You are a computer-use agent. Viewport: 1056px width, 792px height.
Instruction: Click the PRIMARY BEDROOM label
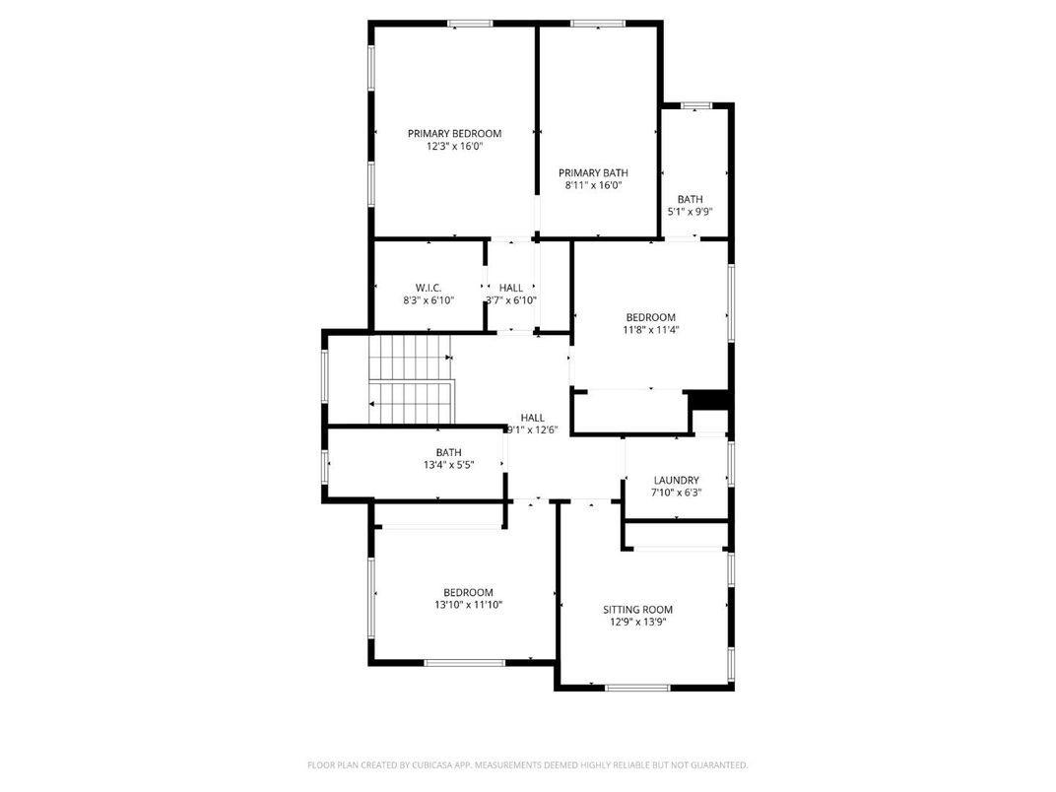click(x=454, y=133)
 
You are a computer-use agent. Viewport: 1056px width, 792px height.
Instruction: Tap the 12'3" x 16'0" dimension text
click(x=454, y=146)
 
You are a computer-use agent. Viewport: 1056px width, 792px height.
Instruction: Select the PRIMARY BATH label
click(x=593, y=172)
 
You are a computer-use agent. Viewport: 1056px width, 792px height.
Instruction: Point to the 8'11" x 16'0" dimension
click(x=593, y=185)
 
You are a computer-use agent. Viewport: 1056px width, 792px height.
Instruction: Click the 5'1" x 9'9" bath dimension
click(x=690, y=211)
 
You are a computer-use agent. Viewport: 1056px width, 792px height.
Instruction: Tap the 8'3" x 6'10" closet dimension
click(x=428, y=300)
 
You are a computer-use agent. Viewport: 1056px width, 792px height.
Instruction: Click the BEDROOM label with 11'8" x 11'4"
click(x=651, y=317)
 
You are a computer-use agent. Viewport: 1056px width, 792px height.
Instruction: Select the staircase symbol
click(x=411, y=379)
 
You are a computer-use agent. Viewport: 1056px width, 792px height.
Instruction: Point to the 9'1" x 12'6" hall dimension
click(x=532, y=429)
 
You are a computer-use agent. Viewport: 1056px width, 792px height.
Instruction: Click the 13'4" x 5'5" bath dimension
click(x=448, y=465)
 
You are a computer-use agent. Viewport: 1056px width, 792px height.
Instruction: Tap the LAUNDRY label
click(x=676, y=480)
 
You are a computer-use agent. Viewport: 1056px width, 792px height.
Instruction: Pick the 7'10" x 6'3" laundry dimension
click(x=676, y=493)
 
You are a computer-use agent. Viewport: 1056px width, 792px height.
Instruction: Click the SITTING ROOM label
click(x=637, y=610)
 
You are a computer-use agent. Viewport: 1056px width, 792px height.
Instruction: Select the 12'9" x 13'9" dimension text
click(x=637, y=623)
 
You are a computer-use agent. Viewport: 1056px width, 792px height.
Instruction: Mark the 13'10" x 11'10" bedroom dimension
click(x=468, y=605)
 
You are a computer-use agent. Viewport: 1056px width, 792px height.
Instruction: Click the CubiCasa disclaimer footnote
click(x=527, y=764)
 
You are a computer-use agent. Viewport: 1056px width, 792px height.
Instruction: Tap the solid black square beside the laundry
click(x=709, y=400)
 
